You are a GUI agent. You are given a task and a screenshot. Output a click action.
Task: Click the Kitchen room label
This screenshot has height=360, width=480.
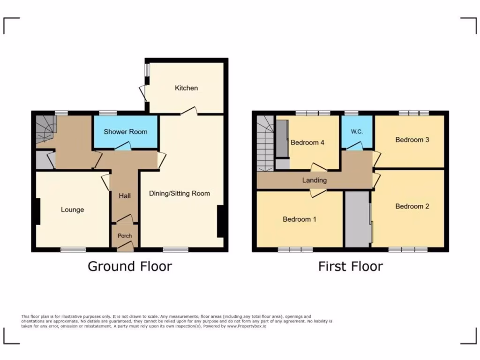186,88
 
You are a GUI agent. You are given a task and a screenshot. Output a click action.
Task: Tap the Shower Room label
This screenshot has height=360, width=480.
125,132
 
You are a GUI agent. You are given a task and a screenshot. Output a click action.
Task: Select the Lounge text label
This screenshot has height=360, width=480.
72,210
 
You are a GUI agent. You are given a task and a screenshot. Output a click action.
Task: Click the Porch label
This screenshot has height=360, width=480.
125,236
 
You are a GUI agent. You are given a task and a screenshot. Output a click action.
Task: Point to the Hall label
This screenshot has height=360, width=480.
125,195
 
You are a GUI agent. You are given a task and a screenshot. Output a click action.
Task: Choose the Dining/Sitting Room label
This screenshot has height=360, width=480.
180,193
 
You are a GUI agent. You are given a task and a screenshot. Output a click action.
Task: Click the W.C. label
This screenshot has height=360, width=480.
357,132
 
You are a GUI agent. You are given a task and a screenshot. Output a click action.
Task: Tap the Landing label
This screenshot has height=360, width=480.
314,180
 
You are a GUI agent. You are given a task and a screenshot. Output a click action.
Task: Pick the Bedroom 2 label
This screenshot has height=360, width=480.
412,206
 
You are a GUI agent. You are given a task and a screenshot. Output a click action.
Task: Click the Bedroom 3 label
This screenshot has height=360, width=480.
412,140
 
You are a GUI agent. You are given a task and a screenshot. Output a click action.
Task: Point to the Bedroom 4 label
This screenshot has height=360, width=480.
307,142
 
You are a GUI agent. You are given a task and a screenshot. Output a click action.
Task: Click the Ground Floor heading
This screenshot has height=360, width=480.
130,266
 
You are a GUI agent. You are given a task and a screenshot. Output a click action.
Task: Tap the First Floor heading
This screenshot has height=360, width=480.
350,266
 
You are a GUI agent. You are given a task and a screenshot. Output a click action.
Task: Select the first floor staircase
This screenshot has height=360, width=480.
265,143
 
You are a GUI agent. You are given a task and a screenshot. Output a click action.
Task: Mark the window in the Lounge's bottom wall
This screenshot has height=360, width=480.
73,250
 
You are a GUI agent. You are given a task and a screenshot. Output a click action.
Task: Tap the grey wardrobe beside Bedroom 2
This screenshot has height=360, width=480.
357,219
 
